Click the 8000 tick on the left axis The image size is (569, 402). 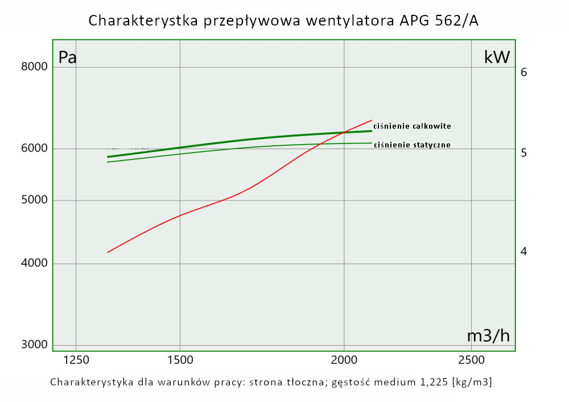(34, 67)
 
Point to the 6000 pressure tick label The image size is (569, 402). (34, 149)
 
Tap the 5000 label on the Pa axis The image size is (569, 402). (34, 200)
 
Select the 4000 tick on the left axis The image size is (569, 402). (34, 264)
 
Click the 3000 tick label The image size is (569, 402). (34, 345)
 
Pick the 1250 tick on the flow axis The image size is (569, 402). (76, 360)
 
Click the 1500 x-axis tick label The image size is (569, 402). (180, 360)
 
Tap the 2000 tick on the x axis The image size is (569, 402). (344, 360)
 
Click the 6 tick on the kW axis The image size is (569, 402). (524, 72)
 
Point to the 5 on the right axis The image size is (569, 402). (524, 153)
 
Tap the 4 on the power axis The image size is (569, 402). (524, 251)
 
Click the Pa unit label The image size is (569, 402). (68, 58)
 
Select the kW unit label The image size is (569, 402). (497, 57)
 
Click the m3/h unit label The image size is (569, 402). (488, 336)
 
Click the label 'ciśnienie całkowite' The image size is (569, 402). (412, 126)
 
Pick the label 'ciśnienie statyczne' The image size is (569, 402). (412, 145)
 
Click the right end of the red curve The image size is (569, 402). (372, 120)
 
